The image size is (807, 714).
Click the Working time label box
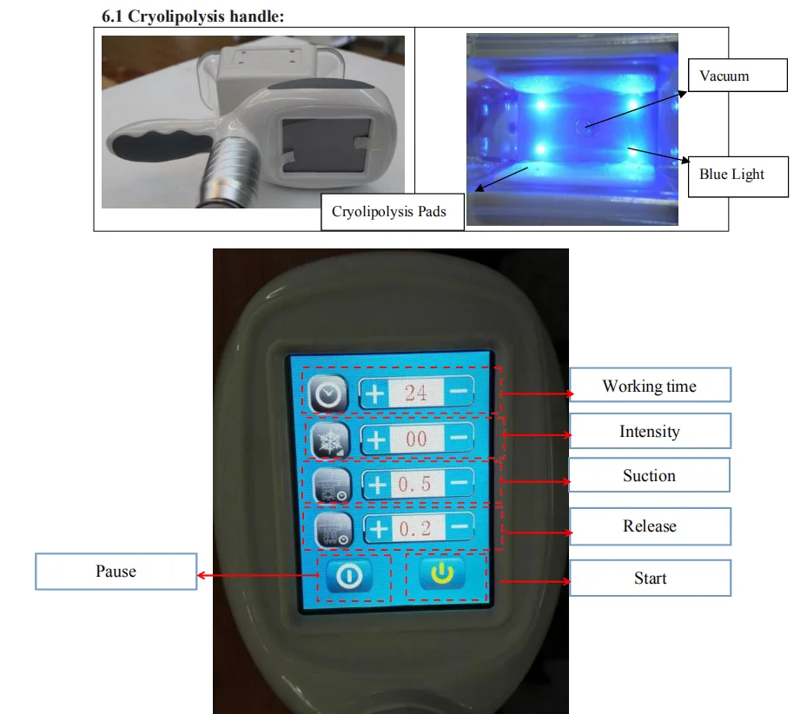point(649,386)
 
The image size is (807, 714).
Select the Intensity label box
point(649,431)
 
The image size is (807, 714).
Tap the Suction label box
point(649,475)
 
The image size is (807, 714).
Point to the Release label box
point(649,526)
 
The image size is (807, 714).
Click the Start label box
point(649,578)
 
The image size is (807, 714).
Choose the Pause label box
point(116,572)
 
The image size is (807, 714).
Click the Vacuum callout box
point(737,76)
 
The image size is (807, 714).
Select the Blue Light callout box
point(737,176)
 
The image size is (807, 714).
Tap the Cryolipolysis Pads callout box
point(389,211)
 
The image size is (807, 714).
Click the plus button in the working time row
point(375,393)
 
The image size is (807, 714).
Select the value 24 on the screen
point(416,393)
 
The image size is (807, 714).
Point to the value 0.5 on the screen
point(416,483)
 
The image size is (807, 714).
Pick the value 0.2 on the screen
point(416,527)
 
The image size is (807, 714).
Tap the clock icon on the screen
point(327,395)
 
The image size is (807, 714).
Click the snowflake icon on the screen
point(327,440)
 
